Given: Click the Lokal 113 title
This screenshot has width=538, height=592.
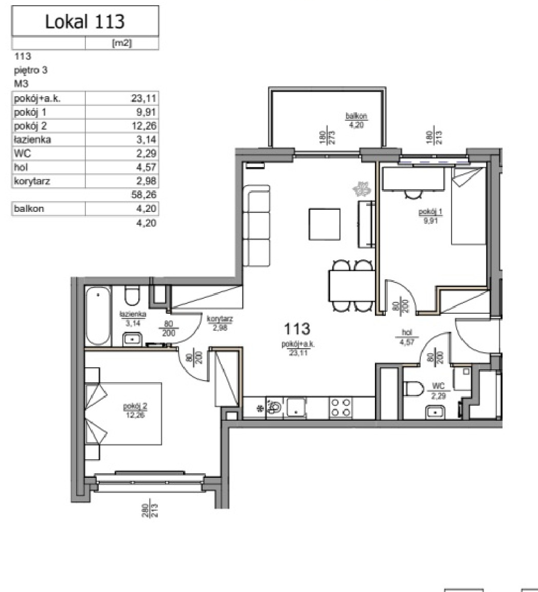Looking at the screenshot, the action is click(x=85, y=21).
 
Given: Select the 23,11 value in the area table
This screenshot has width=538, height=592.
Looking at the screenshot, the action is click(x=144, y=99).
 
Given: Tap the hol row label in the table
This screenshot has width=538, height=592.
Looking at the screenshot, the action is click(x=21, y=167).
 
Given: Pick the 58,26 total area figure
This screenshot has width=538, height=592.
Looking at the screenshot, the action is click(x=144, y=195).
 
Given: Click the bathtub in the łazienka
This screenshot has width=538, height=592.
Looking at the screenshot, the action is click(x=98, y=316).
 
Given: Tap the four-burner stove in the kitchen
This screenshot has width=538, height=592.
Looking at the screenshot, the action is click(x=341, y=408).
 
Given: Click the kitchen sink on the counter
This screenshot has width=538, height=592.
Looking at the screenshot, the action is click(x=296, y=407).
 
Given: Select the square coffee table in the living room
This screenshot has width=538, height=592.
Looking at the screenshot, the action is click(x=325, y=224).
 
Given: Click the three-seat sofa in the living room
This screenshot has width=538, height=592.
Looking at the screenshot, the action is click(x=256, y=225).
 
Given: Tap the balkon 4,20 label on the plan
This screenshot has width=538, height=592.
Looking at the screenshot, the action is click(x=356, y=120).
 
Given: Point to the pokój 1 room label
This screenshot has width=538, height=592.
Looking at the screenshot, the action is click(x=431, y=216).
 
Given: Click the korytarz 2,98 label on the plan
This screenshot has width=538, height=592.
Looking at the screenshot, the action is click(x=220, y=323).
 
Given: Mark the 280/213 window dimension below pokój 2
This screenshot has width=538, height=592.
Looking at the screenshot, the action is click(x=150, y=510).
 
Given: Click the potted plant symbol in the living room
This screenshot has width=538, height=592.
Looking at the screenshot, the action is click(x=361, y=188).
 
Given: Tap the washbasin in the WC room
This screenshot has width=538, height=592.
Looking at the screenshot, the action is click(x=435, y=412).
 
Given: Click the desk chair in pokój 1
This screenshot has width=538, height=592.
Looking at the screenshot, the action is click(x=414, y=194).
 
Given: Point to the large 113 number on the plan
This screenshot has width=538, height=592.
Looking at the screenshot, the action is click(x=297, y=329).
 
